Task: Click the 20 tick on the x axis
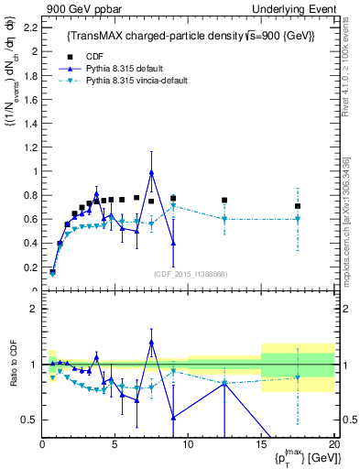click(x=333, y=446)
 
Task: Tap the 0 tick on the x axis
click(x=42, y=446)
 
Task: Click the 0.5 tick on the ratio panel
click(x=30, y=420)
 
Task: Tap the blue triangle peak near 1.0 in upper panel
click(x=151, y=172)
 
